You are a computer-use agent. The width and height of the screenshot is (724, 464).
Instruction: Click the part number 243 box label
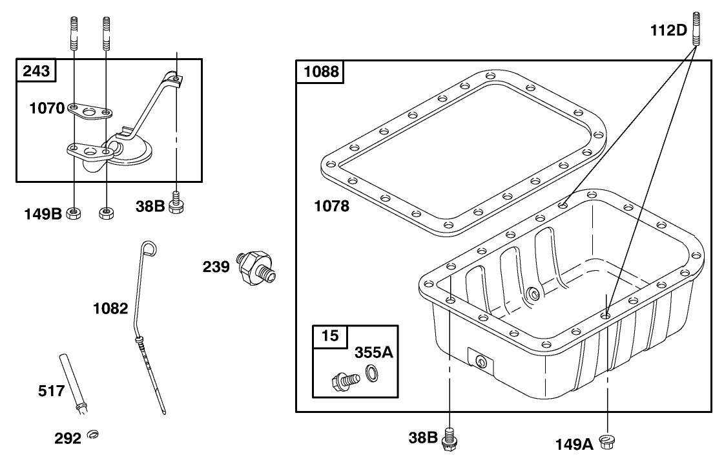(x=36, y=70)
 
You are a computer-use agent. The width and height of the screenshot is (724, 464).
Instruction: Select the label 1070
(x=47, y=108)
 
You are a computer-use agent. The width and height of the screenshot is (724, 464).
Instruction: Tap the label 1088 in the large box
(x=322, y=72)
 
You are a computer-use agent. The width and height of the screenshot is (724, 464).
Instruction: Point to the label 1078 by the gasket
(x=331, y=206)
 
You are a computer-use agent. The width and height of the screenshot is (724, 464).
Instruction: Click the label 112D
(x=668, y=30)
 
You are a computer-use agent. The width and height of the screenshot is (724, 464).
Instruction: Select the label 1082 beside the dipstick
(x=110, y=308)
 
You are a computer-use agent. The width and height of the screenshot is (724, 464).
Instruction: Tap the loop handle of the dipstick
(x=149, y=248)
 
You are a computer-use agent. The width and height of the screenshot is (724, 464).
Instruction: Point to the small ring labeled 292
(x=93, y=434)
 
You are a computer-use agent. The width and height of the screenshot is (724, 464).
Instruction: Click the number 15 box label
(x=330, y=335)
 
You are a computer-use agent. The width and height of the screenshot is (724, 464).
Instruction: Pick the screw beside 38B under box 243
(x=176, y=203)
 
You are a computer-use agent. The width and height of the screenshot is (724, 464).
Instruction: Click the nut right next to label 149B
(x=74, y=213)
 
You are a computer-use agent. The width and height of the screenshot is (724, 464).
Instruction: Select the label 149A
(x=574, y=445)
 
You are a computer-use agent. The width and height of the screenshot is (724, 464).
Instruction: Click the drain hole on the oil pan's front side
(x=480, y=361)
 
